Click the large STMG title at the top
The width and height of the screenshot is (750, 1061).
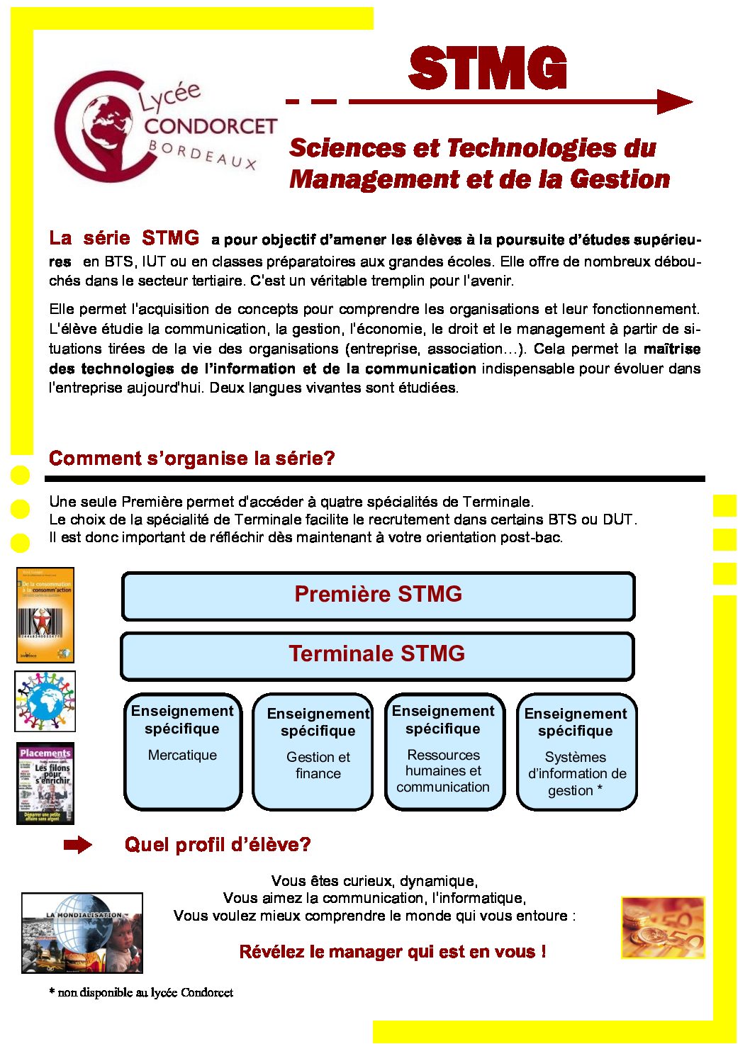tap(488, 69)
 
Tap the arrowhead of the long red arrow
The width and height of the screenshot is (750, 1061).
tap(673, 102)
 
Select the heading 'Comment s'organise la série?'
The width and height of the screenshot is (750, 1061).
tap(191, 459)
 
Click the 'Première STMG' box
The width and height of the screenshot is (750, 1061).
tap(378, 595)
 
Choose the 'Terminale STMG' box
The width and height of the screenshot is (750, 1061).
tap(377, 655)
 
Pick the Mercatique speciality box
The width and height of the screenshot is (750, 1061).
tap(182, 751)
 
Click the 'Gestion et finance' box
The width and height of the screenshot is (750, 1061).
tap(318, 753)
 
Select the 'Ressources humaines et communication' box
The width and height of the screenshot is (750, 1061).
tap(444, 751)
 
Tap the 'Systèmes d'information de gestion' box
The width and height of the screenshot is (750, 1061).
tap(576, 753)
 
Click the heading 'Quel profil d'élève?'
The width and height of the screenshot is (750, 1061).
tap(218, 845)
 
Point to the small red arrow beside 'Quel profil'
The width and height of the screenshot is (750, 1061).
tap(77, 845)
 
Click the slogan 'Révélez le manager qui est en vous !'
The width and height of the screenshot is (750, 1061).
tap(392, 952)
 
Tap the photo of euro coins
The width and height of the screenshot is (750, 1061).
tap(662, 927)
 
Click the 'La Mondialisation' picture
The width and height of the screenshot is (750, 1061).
tap(82, 932)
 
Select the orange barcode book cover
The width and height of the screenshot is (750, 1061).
tap(45, 614)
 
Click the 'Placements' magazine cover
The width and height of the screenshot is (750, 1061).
tap(45, 783)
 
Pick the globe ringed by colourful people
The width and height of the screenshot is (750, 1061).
tap(45, 701)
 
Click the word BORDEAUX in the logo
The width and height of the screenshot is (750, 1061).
tap(203, 155)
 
